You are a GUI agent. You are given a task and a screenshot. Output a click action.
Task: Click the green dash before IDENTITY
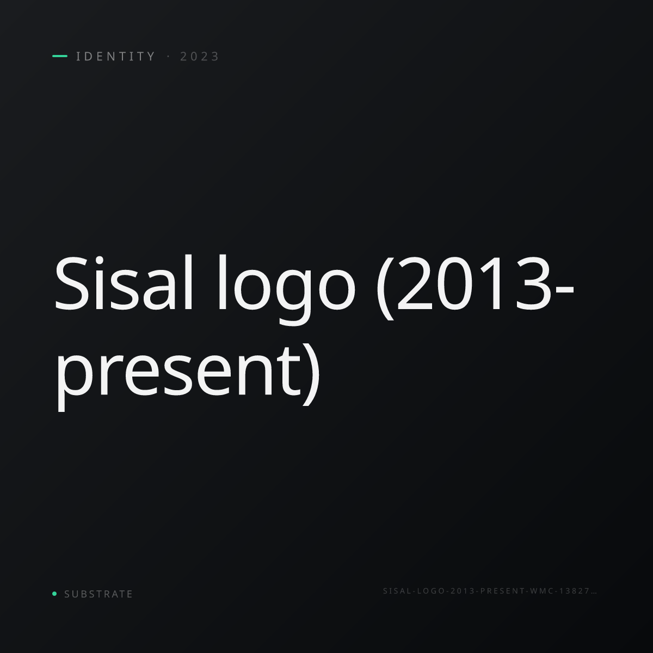click(60, 56)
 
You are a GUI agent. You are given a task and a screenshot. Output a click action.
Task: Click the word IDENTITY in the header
click(115, 56)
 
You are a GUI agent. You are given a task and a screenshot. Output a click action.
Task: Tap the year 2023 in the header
click(200, 56)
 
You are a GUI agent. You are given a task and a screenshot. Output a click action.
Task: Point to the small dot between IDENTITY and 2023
click(168, 57)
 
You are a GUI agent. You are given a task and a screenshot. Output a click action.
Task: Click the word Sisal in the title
click(124, 283)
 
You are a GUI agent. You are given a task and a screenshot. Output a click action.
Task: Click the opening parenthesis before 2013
click(385, 288)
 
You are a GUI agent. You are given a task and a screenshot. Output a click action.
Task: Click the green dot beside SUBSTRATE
click(54, 593)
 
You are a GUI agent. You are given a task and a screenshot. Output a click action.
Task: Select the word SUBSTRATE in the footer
click(98, 594)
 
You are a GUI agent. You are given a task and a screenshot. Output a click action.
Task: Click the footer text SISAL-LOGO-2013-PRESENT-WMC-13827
click(486, 591)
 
